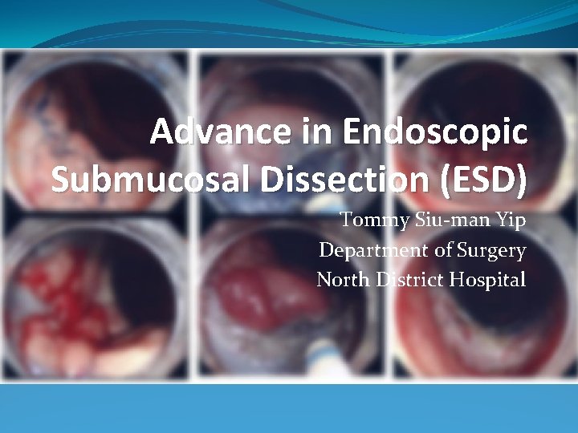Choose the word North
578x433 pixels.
(x=343, y=281)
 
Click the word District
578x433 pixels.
(x=409, y=281)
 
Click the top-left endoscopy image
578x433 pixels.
(x=96, y=120)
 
